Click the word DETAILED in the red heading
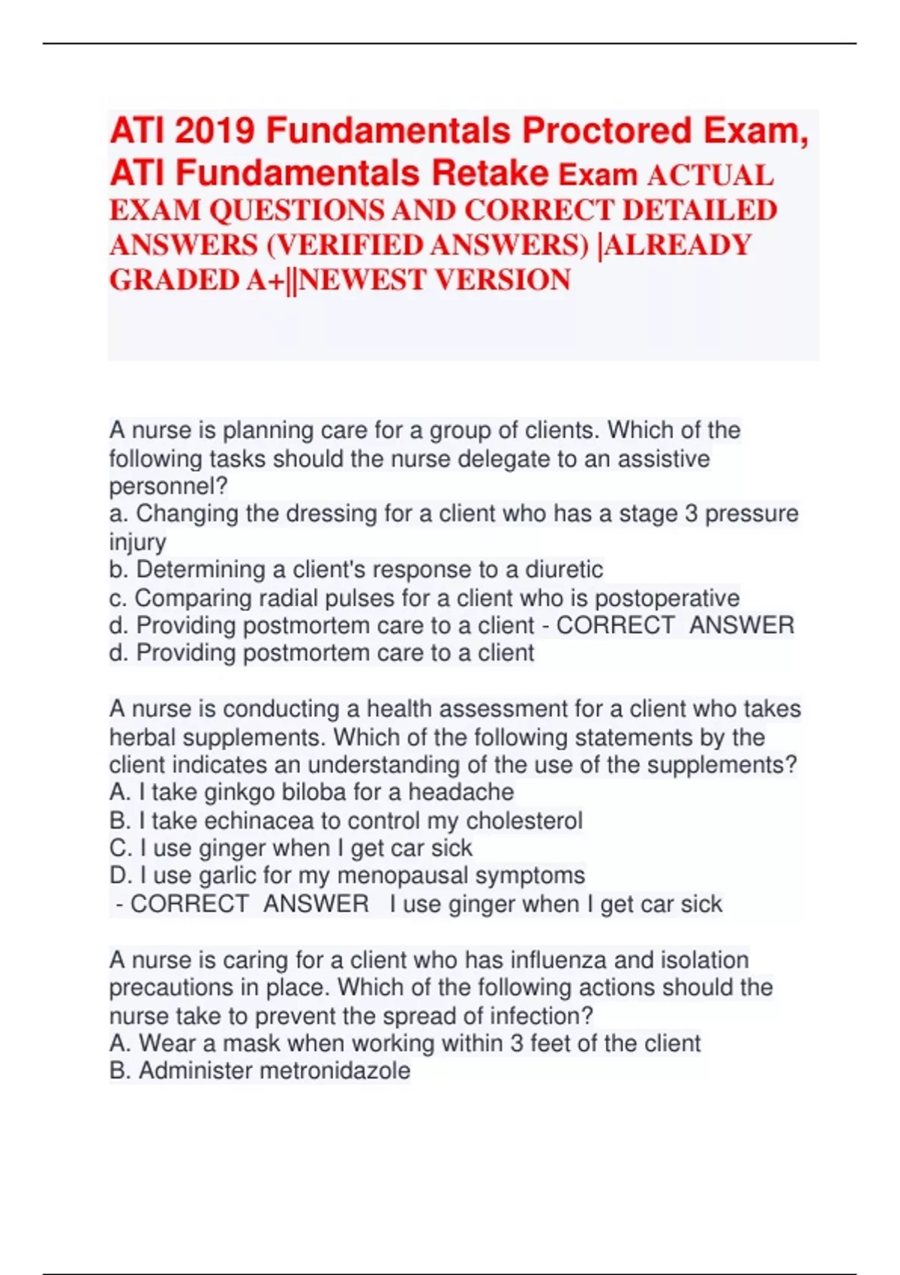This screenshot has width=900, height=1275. click(700, 211)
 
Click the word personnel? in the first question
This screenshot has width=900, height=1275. click(168, 487)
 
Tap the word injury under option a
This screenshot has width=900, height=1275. click(137, 541)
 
